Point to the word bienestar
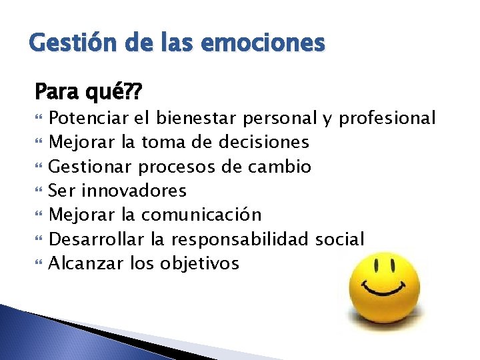197,119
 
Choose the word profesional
387,119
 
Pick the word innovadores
133,191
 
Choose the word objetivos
199,263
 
